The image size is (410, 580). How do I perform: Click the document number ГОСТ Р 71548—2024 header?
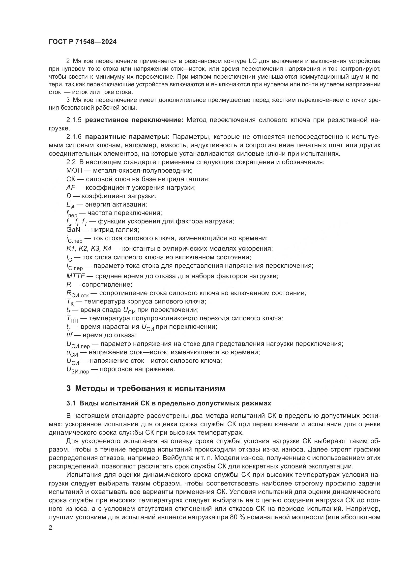pyautogui.click(x=83, y=42)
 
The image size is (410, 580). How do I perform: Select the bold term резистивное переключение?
pyautogui.click(x=134, y=120)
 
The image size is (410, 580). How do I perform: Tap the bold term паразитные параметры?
pyautogui.click(x=127, y=137)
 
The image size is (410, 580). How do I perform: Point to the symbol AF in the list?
pyautogui.click(x=71, y=187)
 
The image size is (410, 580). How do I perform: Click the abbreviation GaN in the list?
pyautogui.click(x=73, y=230)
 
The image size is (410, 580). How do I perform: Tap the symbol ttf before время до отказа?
pyautogui.click(x=69, y=335)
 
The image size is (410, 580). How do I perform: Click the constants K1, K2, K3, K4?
pyautogui.click(x=88, y=248)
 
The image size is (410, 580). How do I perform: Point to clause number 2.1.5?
pyautogui.click(x=74, y=120)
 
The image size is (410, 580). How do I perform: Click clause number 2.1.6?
pyautogui.click(x=74, y=137)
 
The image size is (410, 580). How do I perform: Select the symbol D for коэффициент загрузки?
pyautogui.click(x=69, y=196)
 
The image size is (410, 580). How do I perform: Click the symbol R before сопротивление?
pyautogui.click(x=69, y=285)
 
